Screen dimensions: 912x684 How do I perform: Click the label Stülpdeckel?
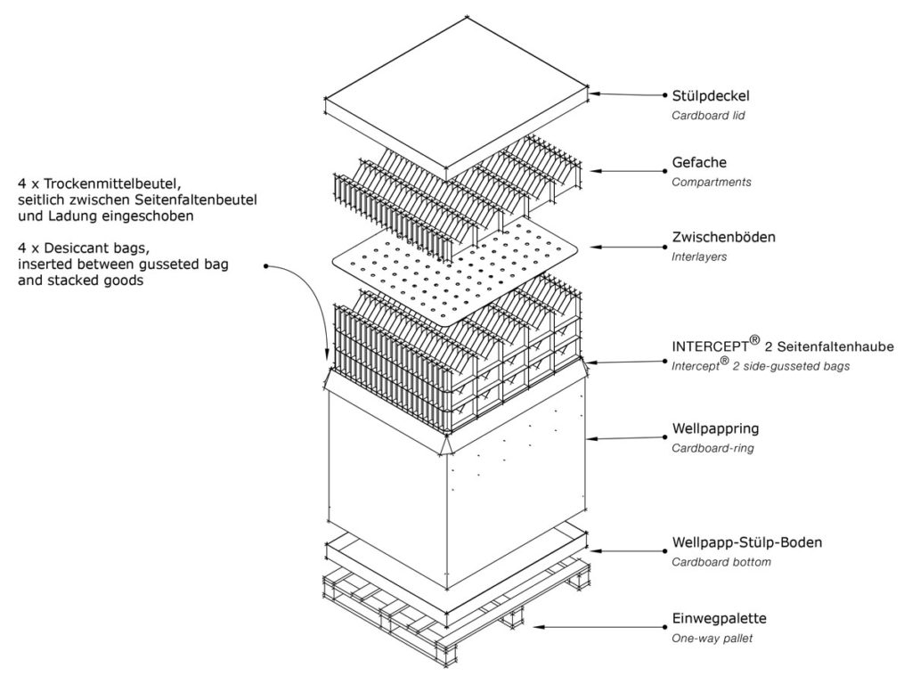coord(711,96)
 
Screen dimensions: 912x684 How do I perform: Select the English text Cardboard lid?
coord(708,115)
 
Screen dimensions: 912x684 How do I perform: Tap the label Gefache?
coord(699,162)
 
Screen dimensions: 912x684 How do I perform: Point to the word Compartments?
coord(712,182)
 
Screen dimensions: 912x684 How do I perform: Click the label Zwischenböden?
coord(723,237)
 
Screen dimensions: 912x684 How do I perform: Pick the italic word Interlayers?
coord(699,256)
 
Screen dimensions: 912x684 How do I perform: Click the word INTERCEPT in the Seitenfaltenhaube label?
coord(710,346)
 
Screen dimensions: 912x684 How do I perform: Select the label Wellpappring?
coord(715,429)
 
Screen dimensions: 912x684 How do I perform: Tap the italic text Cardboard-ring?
coord(712,449)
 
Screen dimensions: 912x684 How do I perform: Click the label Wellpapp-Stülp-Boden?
coord(747,542)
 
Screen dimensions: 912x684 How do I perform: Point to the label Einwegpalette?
coord(720,618)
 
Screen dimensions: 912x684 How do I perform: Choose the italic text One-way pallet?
coord(712,638)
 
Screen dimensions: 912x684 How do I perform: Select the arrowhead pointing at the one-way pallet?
coord(538,627)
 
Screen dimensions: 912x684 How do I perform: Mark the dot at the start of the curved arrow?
coord(265,266)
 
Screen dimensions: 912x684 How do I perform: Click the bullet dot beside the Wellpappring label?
coord(665,437)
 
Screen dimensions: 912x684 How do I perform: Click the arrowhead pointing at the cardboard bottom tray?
coord(594,550)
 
